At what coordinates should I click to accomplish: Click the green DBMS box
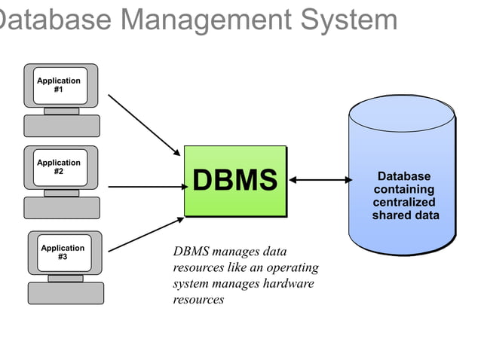tap(235, 181)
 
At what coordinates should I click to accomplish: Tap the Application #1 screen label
tap(59, 85)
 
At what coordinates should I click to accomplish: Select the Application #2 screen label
tap(59, 167)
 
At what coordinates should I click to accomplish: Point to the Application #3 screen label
tap(63, 252)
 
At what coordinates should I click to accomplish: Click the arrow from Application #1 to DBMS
tap(144, 125)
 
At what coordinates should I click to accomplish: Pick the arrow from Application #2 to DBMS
tap(149, 187)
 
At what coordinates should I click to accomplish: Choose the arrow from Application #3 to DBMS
tap(146, 234)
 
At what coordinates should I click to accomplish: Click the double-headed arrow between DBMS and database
tap(320, 180)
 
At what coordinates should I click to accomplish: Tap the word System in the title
tap(349, 20)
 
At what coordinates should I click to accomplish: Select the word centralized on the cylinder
tap(404, 202)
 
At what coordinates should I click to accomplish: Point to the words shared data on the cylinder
tap(406, 215)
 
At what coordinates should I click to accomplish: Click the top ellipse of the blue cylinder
tap(402, 114)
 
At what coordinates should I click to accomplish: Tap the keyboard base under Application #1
tap(62, 126)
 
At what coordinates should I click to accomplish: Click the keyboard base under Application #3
tap(66, 293)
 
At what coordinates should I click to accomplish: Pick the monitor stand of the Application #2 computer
tap(61, 193)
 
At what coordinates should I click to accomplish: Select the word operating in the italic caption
tap(293, 268)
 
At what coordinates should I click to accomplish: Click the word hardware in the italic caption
tap(288, 283)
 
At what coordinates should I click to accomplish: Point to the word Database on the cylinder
tap(404, 176)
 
